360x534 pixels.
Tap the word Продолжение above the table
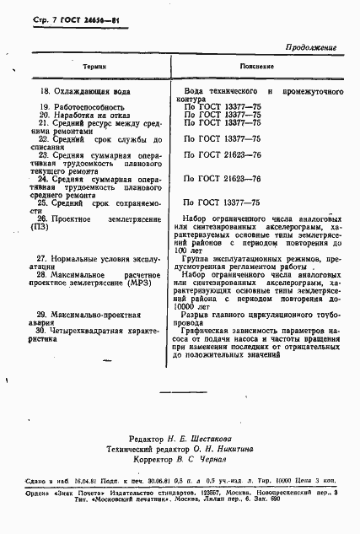pos(316,46)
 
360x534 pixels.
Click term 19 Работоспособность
pos(82,107)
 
